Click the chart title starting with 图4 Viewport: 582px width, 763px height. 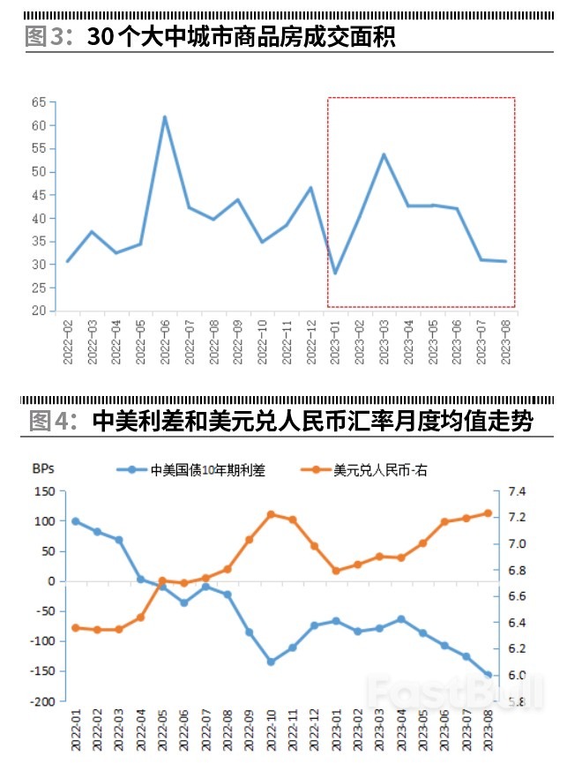pos(280,420)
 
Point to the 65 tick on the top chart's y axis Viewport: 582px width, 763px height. pos(39,102)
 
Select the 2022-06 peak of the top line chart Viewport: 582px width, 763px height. pos(164,117)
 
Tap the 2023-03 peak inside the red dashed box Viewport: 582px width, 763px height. pos(384,154)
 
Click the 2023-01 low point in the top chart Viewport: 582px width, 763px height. pos(335,273)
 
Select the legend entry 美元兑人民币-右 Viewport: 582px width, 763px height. pos(379,470)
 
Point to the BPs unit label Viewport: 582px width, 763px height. pos(44,468)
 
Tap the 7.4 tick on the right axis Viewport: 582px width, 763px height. pos(517,491)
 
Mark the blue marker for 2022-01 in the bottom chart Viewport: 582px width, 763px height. pos(75,521)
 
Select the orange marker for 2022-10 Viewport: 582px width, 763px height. pos(271,514)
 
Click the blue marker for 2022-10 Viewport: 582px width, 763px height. pos(271,662)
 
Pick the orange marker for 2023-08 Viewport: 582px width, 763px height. pos(488,512)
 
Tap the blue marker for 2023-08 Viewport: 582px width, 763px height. pos(488,675)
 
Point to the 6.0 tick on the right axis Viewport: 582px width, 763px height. pos(517,676)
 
